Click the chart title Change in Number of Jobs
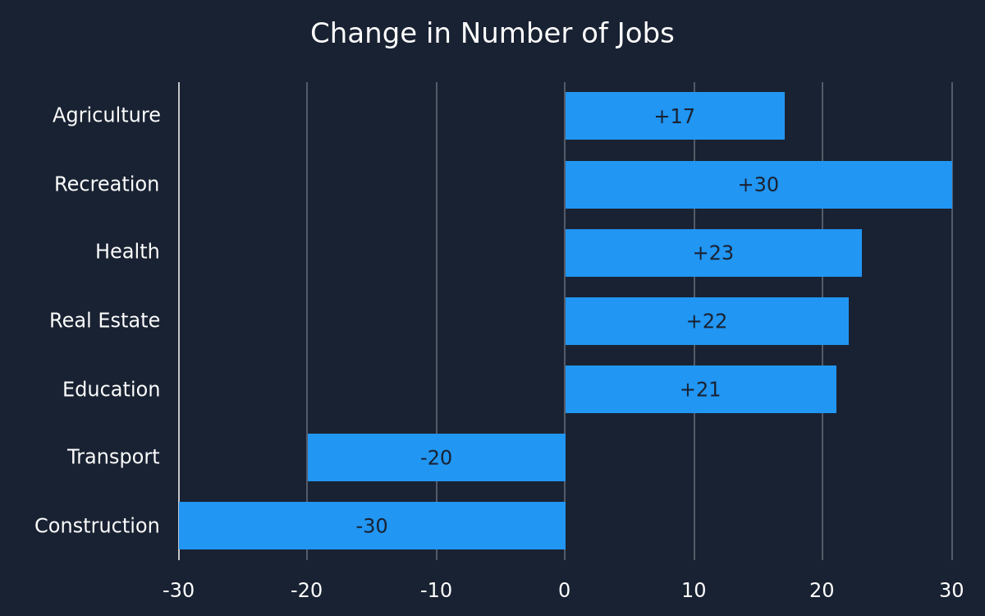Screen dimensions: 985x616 (492, 34)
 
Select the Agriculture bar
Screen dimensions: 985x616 (675, 116)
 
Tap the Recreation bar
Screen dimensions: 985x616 (759, 185)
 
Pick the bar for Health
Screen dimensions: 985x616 (713, 253)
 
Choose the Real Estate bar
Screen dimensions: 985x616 (707, 321)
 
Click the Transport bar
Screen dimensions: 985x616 (436, 457)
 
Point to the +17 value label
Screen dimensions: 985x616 (675, 117)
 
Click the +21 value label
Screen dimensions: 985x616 (700, 389)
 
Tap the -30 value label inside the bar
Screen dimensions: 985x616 (372, 526)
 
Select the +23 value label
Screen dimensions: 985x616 (713, 253)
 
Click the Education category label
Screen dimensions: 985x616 (112, 389)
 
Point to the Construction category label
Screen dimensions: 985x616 (97, 526)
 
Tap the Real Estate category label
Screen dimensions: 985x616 (105, 320)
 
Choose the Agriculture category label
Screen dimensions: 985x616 (107, 116)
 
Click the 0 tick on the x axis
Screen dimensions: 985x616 (565, 591)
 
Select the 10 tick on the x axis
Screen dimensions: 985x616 (694, 591)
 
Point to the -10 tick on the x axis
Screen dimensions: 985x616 (436, 591)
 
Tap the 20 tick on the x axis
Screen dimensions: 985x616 (822, 591)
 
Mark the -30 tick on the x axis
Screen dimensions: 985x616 (179, 591)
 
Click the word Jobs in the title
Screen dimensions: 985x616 (644, 34)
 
